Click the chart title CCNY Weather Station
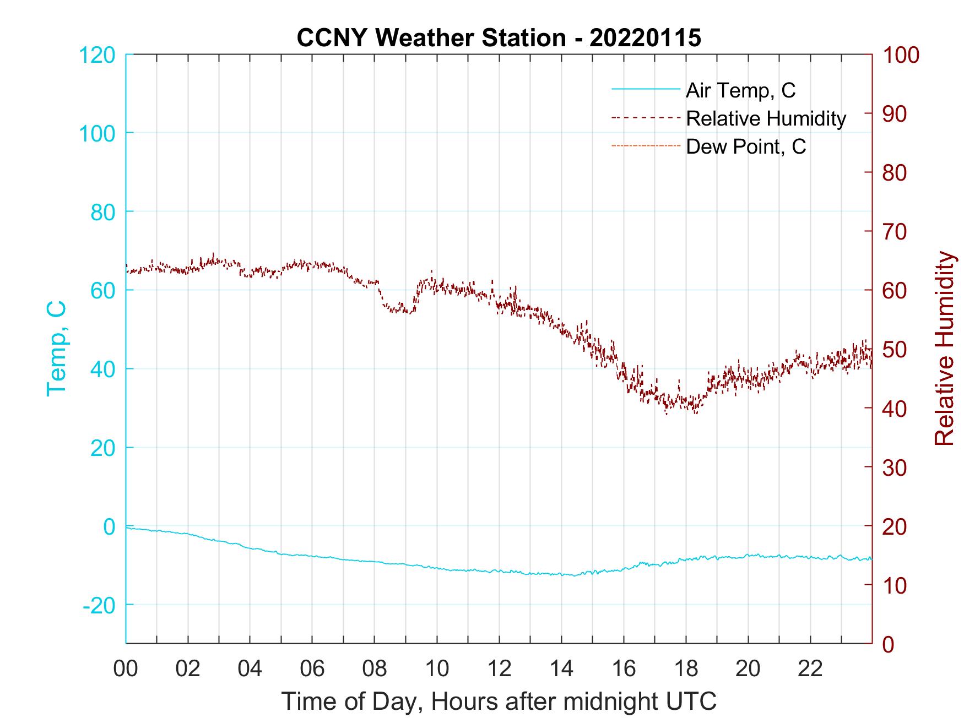pos(499,38)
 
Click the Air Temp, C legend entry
pos(740,90)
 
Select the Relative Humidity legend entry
pos(766,118)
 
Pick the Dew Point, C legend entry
pos(746,146)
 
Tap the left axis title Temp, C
pos(56,349)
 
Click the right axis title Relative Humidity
pos(944,349)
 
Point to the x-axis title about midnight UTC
pos(499,702)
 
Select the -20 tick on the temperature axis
pos(99,605)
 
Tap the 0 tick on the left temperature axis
pos(109,526)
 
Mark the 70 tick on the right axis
pos(895,232)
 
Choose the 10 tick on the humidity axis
pos(895,585)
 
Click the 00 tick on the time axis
pos(126,668)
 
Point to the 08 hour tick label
pos(375,668)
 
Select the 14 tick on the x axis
pos(561,668)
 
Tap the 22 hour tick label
pos(810,668)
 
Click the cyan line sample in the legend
pos(646,90)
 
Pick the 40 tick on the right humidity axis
pos(895,409)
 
